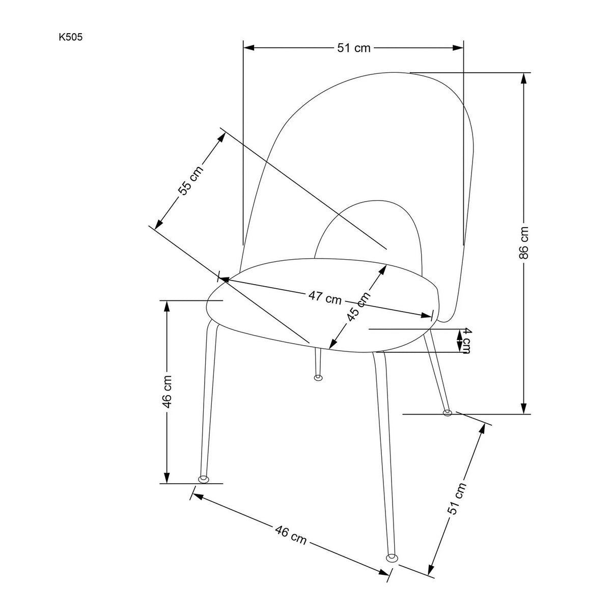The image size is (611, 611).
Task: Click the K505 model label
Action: [x=70, y=37]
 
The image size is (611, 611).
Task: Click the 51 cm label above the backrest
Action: [x=353, y=48]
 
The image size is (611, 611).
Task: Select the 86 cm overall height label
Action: [x=524, y=242]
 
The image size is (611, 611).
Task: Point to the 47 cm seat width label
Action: [x=325, y=297]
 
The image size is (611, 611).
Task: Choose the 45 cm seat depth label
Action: [x=358, y=307]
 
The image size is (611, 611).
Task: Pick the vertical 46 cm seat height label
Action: [x=167, y=391]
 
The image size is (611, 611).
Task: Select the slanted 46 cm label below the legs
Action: [x=290, y=535]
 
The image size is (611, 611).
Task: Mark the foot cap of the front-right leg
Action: [x=392, y=558]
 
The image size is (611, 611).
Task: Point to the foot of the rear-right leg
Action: [x=448, y=412]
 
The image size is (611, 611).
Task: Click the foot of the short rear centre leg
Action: [x=318, y=378]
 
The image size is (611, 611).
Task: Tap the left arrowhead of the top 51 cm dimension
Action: [x=249, y=48]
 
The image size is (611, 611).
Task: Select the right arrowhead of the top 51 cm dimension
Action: [x=458, y=48]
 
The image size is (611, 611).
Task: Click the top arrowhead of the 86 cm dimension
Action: [x=524, y=78]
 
